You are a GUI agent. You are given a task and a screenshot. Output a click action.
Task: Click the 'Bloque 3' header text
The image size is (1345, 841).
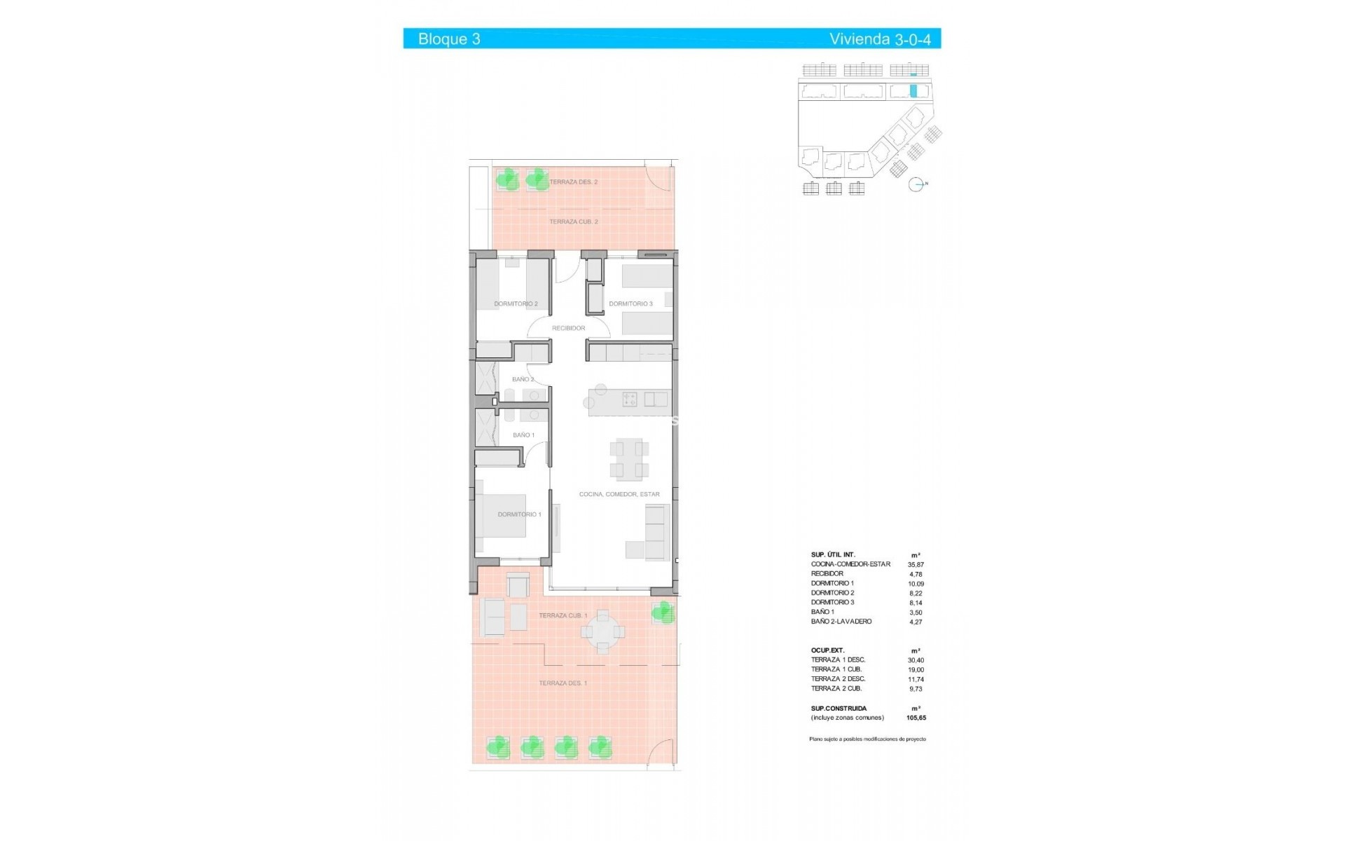click(449, 39)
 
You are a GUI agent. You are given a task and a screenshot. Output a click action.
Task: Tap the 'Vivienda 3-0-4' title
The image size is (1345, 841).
click(880, 39)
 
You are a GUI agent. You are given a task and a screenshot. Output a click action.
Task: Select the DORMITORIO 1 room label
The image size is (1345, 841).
click(519, 514)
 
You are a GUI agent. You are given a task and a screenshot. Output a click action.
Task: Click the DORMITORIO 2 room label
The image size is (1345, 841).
click(516, 304)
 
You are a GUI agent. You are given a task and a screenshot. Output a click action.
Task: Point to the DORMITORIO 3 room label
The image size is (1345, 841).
click(630, 304)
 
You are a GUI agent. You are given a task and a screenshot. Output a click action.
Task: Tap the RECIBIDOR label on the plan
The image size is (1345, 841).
click(568, 328)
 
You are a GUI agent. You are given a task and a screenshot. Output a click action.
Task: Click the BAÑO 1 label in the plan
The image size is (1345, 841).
click(523, 435)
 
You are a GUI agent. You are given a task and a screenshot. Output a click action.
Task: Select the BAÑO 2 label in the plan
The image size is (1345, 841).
click(523, 379)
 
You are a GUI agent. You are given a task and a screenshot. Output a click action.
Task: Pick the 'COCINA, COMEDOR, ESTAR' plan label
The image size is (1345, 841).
click(619, 494)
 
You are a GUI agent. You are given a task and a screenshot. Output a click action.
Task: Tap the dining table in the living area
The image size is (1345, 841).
click(628, 460)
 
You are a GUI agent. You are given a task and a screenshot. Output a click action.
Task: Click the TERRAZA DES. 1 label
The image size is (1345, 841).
click(563, 683)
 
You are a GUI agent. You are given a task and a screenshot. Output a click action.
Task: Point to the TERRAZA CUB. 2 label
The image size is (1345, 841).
click(573, 221)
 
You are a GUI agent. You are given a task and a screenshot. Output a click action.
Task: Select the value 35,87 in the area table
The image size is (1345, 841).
click(916, 564)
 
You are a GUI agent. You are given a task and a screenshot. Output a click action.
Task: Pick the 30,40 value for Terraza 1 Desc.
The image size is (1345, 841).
click(916, 660)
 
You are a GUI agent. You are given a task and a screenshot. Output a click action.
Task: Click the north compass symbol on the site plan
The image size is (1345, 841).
click(916, 185)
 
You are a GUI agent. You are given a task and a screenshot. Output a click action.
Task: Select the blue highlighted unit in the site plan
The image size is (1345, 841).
click(913, 90)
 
